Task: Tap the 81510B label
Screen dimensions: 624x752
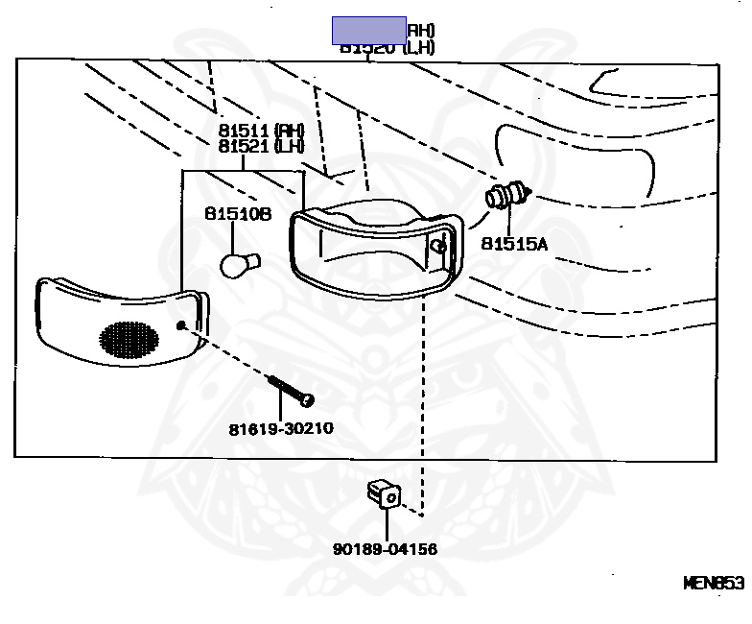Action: click(237, 215)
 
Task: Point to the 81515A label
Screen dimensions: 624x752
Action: click(513, 244)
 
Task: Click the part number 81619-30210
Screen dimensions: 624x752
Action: click(281, 427)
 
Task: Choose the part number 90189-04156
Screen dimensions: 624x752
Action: click(385, 549)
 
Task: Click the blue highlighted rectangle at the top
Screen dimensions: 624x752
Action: click(369, 31)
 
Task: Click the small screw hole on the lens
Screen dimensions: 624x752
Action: click(183, 324)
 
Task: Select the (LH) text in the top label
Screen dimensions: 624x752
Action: click(419, 47)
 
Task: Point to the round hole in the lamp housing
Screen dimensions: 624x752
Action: click(438, 247)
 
